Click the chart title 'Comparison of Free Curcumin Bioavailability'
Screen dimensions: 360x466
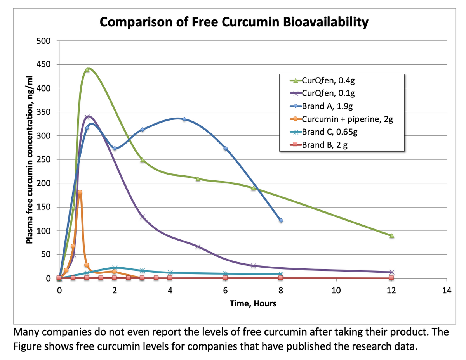tap(233, 22)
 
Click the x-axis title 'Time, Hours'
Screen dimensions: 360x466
tap(253, 304)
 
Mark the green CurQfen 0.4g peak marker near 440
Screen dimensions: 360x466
tap(87, 70)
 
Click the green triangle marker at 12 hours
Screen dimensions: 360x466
tap(392, 235)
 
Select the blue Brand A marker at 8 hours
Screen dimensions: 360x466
tap(281, 220)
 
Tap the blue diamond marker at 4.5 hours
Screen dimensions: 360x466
tap(184, 119)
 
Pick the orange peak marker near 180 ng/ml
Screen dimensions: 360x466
tap(80, 192)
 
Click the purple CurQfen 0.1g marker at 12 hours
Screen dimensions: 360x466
tap(392, 272)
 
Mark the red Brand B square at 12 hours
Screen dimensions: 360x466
tap(391, 278)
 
